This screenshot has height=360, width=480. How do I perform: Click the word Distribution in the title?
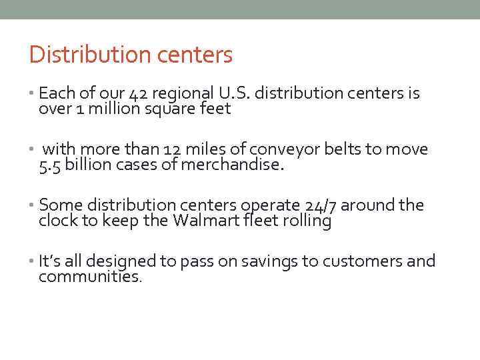[72, 55]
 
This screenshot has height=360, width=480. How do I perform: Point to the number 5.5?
[51, 165]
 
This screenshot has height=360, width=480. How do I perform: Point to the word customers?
[355, 261]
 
